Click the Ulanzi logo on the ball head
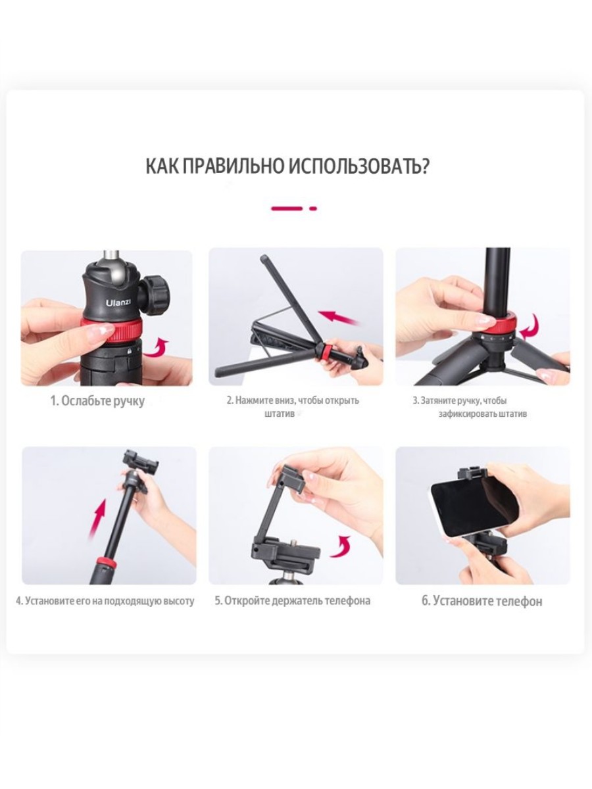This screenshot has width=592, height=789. (x=118, y=302)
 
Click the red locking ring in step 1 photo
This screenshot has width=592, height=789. (x=112, y=331)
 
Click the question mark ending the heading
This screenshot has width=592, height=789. (x=424, y=166)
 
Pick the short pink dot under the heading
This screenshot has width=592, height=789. (x=313, y=208)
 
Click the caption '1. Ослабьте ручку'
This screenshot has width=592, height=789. (x=97, y=400)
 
